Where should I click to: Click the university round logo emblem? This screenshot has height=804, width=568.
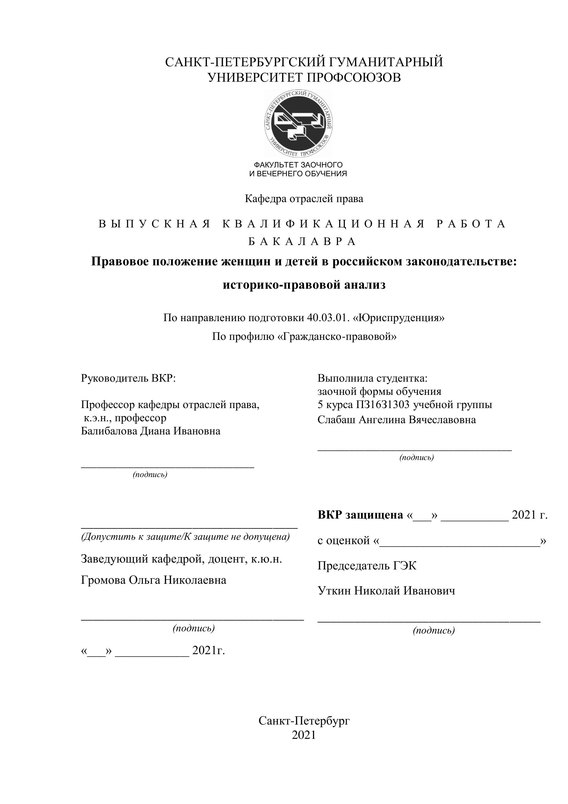(x=298, y=123)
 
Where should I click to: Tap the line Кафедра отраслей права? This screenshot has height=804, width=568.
(x=304, y=199)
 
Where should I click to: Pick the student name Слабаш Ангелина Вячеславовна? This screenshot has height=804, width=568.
(x=397, y=420)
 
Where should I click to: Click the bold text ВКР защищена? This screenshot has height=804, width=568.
(x=360, y=515)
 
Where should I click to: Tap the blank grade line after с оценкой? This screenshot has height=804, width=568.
(x=459, y=541)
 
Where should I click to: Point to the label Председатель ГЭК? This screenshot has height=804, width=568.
(x=367, y=566)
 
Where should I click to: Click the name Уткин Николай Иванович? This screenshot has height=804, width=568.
(x=386, y=591)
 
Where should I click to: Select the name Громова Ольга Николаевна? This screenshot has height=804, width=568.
(x=153, y=580)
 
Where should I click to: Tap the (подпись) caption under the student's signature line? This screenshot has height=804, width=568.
(x=417, y=457)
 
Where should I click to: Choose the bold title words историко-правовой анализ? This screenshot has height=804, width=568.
(x=304, y=285)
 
